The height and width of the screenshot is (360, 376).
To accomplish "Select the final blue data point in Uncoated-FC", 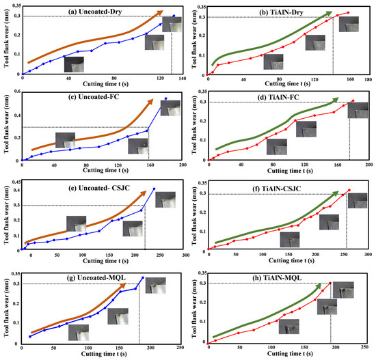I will [166, 99].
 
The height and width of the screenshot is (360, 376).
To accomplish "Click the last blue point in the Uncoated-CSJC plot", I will [154, 189].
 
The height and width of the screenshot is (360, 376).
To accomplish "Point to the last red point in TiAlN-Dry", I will [348, 12].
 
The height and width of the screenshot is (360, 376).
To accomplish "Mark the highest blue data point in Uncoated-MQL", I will [142, 277].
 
